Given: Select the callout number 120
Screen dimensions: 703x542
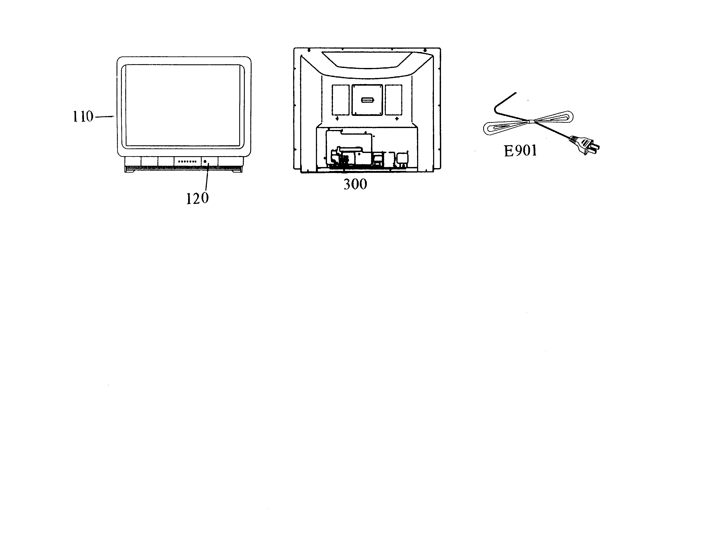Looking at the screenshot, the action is tap(197, 198).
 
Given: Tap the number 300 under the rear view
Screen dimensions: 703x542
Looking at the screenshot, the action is tap(355, 184).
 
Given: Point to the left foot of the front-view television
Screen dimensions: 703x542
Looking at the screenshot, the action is tap(131, 171).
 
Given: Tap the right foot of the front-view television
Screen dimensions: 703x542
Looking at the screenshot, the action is tap(238, 171).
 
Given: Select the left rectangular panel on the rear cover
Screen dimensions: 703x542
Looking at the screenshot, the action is tap(341, 100).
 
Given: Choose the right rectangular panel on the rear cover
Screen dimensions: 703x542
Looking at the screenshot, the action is tap(393, 100).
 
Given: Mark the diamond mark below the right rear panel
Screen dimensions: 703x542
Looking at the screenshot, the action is tap(397, 119).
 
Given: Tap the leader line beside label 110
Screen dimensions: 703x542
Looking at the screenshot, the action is tap(105, 117).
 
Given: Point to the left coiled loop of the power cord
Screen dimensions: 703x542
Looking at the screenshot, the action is tap(505, 128).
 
